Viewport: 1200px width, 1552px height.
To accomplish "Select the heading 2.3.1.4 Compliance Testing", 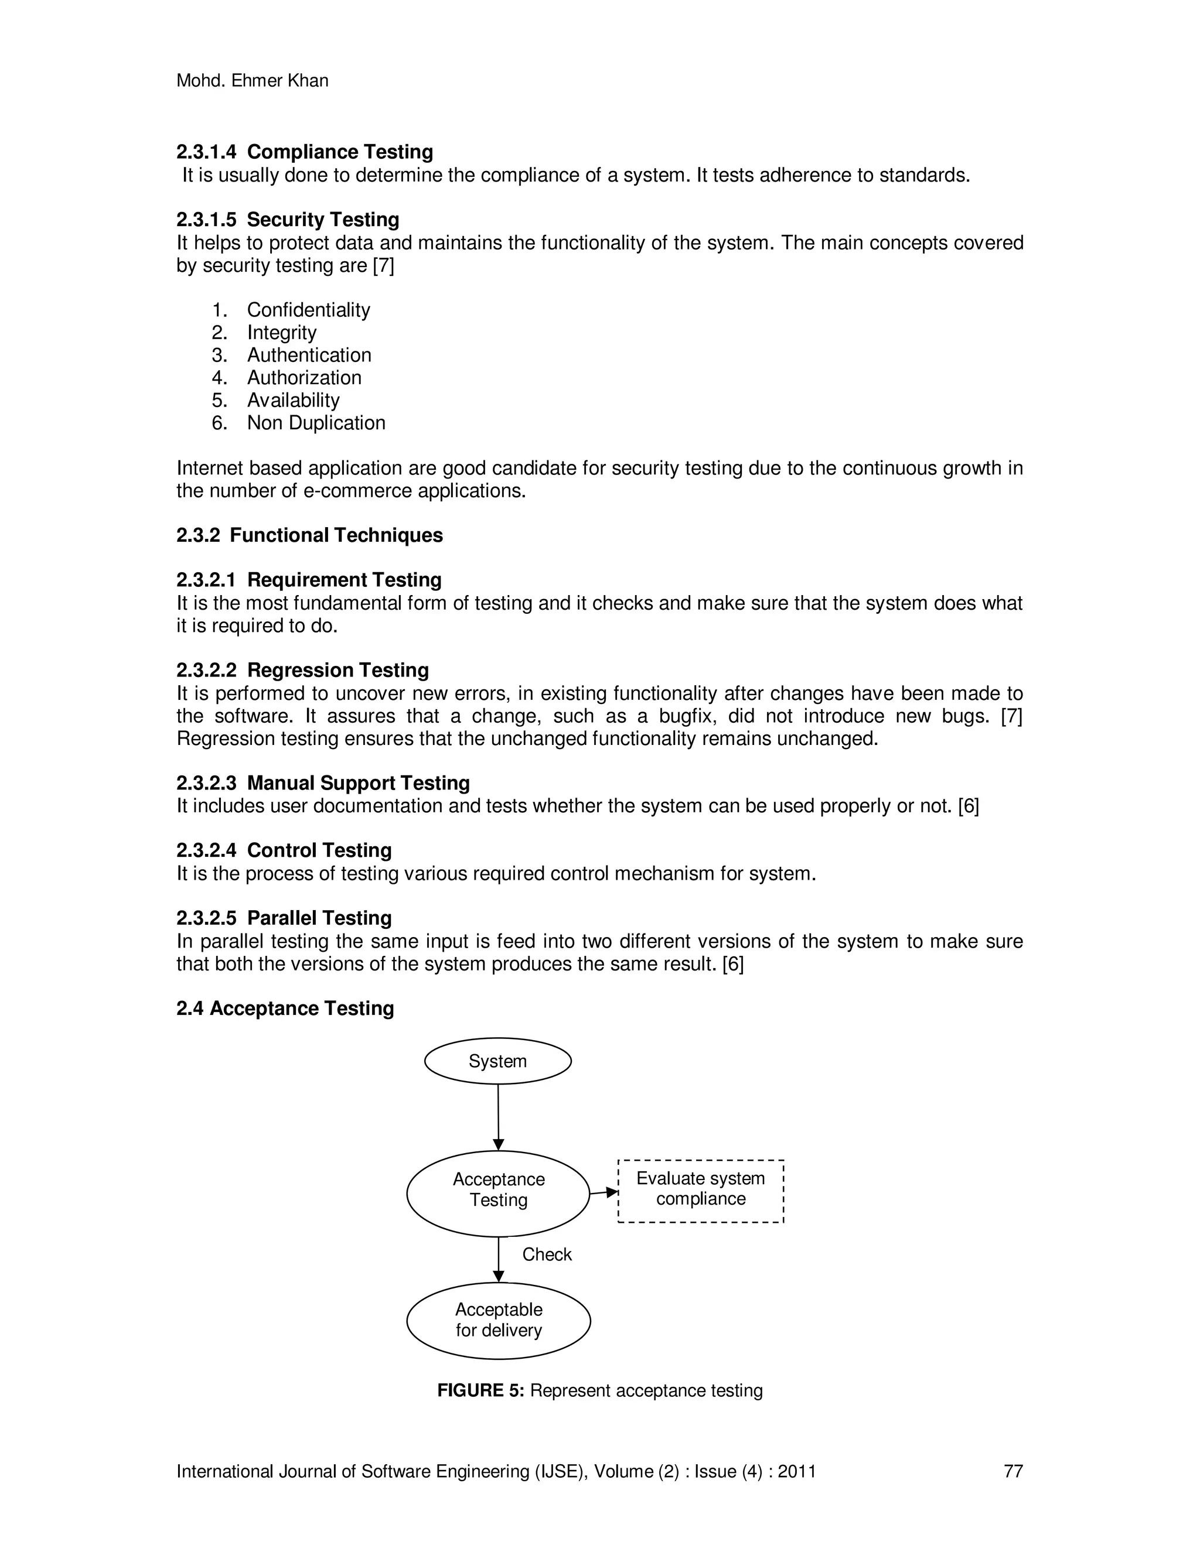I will (x=304, y=152).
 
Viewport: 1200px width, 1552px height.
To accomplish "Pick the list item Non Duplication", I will (x=316, y=423).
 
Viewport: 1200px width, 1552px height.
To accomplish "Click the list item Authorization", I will (x=304, y=377).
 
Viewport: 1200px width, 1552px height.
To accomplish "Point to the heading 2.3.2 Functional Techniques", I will (x=309, y=535).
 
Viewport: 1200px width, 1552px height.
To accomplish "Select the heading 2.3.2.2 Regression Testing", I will (x=302, y=670).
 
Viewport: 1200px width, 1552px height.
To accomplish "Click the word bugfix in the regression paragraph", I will (x=687, y=716).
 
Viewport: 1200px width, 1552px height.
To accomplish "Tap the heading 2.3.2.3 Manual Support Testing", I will (x=323, y=783).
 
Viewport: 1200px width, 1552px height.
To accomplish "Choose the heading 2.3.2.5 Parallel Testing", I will (x=284, y=918).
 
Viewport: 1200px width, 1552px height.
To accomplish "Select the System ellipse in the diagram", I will (x=497, y=1062).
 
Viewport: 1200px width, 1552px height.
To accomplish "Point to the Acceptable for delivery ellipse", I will (x=499, y=1320).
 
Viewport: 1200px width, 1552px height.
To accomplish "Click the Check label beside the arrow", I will (x=547, y=1254).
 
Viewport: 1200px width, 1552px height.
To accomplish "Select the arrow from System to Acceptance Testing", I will (x=499, y=1116).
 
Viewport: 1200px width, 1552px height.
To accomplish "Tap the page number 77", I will (x=1012, y=1471).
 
